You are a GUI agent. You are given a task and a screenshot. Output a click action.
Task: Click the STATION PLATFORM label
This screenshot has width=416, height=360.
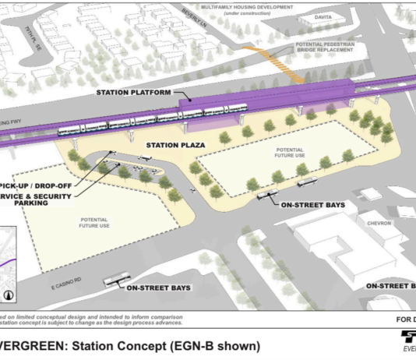click(133, 93)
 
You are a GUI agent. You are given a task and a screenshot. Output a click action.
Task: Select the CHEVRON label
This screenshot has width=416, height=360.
click(380, 222)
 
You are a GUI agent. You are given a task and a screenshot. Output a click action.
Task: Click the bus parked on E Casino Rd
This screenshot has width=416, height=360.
click(115, 279)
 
